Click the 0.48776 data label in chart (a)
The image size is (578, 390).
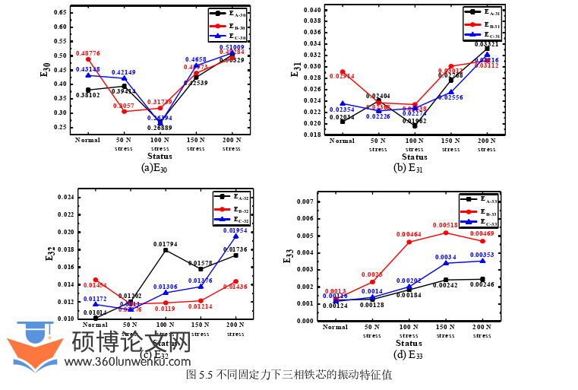click(x=87, y=53)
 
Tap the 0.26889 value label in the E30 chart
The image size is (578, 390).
click(x=160, y=128)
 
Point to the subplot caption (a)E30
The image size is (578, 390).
click(x=154, y=168)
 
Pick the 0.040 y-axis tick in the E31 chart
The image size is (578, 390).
click(x=311, y=10)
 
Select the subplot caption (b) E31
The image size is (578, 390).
click(x=408, y=168)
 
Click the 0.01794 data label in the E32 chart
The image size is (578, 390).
click(x=166, y=244)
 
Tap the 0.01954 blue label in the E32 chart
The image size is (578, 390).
click(x=234, y=230)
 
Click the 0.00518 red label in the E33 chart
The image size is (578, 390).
click(x=445, y=225)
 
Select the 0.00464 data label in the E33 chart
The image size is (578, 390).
click(x=409, y=235)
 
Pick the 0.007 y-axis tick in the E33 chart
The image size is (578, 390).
click(x=305, y=201)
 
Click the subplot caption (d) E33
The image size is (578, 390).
click(x=408, y=354)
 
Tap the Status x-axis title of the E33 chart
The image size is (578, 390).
click(x=409, y=343)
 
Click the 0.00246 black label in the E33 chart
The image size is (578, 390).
click(x=482, y=284)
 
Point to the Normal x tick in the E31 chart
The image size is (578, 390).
click(x=342, y=141)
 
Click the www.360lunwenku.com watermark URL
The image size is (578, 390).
click(x=127, y=362)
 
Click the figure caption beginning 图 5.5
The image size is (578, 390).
click(x=289, y=375)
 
